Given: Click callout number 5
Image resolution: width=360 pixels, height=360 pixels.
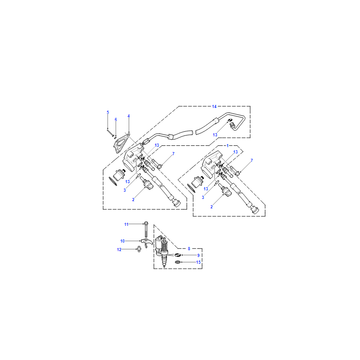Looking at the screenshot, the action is [x=108, y=112].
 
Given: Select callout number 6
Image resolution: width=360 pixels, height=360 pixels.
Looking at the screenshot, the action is [x=116, y=120].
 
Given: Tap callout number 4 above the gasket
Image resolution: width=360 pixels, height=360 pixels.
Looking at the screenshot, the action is [x=129, y=116].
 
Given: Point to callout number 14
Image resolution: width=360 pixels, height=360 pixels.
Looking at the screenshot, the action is [x=214, y=107].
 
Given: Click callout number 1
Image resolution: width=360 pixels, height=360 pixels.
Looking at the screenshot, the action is [x=228, y=146].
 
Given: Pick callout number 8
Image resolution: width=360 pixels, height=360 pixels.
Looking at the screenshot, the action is [x=189, y=249].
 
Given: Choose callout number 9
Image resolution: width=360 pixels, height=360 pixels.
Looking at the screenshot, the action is [x=198, y=255].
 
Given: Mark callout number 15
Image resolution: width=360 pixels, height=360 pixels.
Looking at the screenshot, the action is [x=198, y=262].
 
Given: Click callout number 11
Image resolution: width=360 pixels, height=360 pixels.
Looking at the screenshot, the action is [x=126, y=224].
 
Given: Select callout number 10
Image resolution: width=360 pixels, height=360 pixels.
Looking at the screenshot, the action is [x=122, y=241].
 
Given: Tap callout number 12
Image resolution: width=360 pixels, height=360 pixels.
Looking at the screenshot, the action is [x=119, y=250].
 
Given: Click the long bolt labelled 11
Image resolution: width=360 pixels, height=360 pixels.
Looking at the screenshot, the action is [x=146, y=229].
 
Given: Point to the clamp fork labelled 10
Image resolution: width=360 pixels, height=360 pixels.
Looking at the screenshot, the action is [x=147, y=242].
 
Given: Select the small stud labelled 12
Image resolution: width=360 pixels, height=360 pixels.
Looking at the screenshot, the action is [x=139, y=249].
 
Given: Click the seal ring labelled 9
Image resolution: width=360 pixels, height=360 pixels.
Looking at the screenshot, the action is [x=178, y=255].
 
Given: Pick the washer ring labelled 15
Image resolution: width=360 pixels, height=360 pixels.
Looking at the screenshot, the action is [x=178, y=262].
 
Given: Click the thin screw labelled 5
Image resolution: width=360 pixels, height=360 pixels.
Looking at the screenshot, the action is [x=110, y=133].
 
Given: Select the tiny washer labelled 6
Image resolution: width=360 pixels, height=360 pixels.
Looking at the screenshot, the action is [x=115, y=138].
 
